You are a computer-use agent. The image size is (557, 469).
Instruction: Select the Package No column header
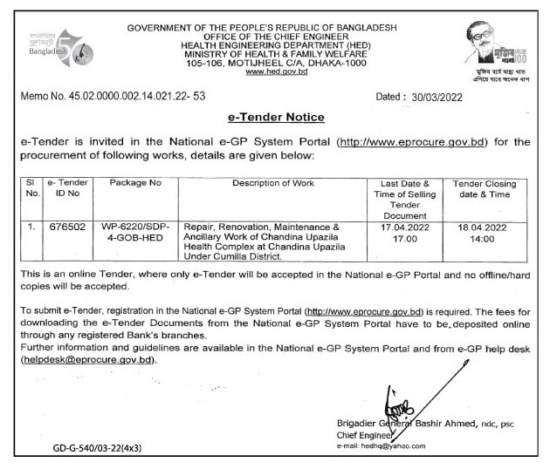click(132, 184)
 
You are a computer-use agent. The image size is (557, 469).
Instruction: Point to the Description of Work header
click(273, 184)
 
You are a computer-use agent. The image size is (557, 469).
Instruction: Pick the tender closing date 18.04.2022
click(485, 228)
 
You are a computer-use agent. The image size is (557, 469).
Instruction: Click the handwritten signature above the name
click(404, 404)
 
